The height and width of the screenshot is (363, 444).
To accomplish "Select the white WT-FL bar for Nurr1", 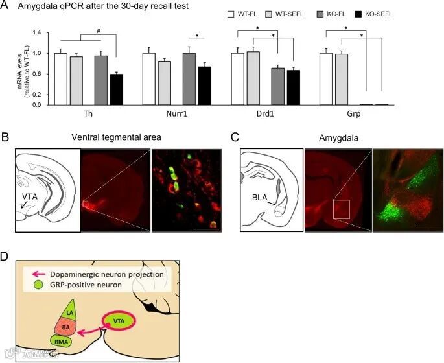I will click(x=148, y=79).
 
